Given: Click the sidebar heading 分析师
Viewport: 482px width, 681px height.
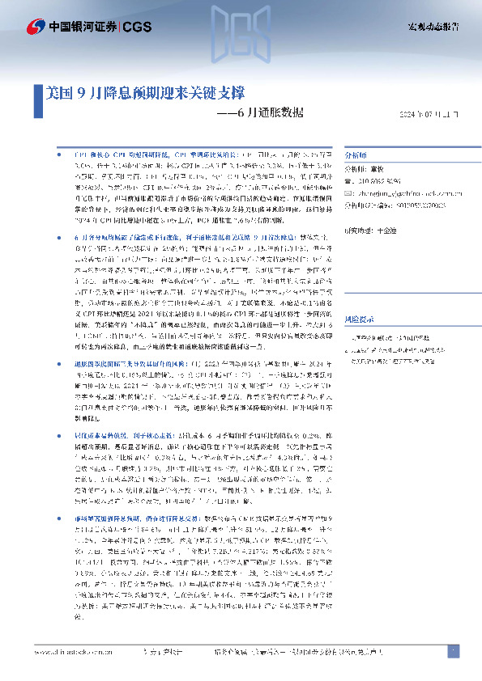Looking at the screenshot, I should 356,154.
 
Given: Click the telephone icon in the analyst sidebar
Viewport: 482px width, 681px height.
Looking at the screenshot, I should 348,183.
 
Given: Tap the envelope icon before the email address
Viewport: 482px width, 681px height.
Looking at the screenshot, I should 348,194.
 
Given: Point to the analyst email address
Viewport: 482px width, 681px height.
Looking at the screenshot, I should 405,194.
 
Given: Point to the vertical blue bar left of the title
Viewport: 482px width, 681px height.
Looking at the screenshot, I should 39,95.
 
